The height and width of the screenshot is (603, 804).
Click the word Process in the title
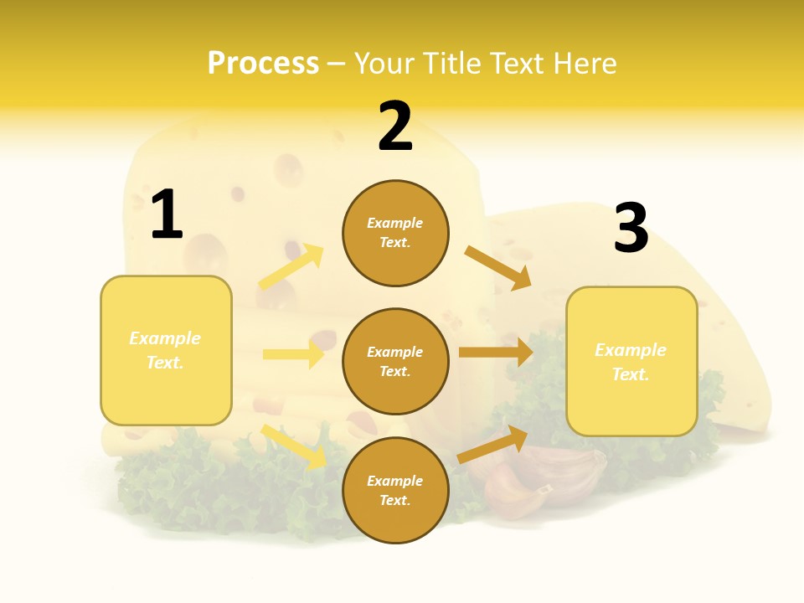tap(263, 64)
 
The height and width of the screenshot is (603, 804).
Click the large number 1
tap(166, 214)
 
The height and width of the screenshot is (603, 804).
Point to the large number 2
tap(395, 126)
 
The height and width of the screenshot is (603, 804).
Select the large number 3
tap(631, 228)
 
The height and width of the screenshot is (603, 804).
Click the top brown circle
tap(395, 233)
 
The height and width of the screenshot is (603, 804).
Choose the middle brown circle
tap(395, 361)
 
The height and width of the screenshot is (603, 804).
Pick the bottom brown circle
tap(395, 490)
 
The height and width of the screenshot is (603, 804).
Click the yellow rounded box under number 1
tap(166, 350)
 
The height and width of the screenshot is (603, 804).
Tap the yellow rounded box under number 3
tap(631, 361)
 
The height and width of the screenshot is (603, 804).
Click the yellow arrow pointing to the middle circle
tap(293, 354)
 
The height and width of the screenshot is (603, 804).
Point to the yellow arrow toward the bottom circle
tap(293, 446)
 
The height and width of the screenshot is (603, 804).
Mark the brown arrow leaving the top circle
tap(498, 267)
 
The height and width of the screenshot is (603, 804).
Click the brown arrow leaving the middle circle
tap(496, 353)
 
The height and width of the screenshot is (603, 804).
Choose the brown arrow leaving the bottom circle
tap(492, 445)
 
